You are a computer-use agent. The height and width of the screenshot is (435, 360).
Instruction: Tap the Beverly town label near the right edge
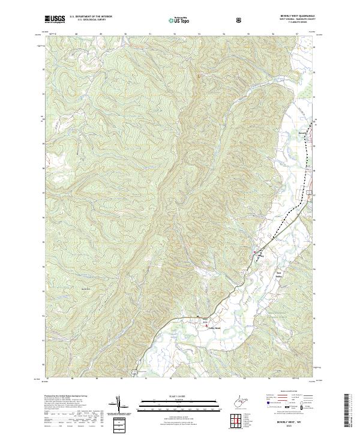(x=302, y=133)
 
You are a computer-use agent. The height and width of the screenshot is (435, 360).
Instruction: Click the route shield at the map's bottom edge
(x=142, y=372)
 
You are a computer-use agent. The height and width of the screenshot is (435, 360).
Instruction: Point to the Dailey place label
(x=260, y=254)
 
